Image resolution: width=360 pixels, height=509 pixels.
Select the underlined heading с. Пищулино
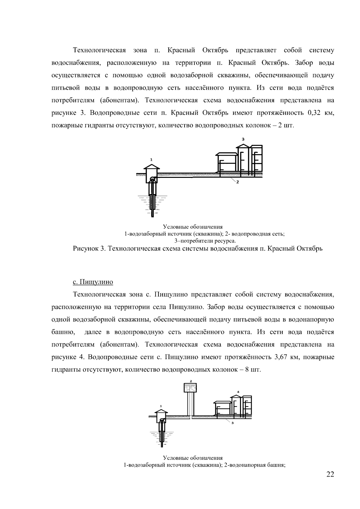[x=93, y=282]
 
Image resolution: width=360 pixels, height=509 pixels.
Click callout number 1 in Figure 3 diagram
[x=151, y=159]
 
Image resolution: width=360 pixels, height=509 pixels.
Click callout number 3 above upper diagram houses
[x=243, y=139]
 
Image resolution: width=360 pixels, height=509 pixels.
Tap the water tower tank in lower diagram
[x=190, y=388]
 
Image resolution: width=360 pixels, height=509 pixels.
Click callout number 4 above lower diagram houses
[x=238, y=392]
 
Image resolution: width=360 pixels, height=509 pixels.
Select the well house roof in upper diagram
[x=152, y=166]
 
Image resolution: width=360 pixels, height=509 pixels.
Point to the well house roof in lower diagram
[x=161, y=410]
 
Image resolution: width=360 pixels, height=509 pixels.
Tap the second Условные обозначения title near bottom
[x=193, y=458]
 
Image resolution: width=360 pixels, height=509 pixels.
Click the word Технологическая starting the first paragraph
[x=99, y=50]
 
